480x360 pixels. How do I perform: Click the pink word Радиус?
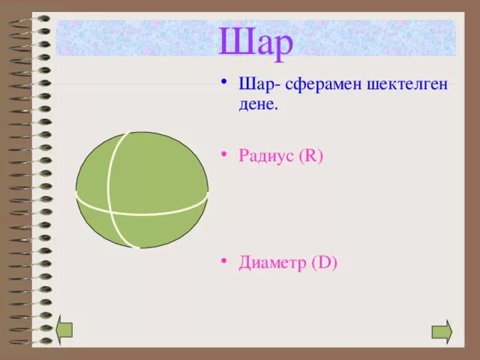click(x=266, y=157)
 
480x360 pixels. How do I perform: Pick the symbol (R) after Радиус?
click(x=310, y=157)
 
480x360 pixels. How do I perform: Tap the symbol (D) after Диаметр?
click(x=323, y=262)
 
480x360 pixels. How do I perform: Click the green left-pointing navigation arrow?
click(x=65, y=331)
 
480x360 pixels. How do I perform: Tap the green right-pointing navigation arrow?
click(x=442, y=331)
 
